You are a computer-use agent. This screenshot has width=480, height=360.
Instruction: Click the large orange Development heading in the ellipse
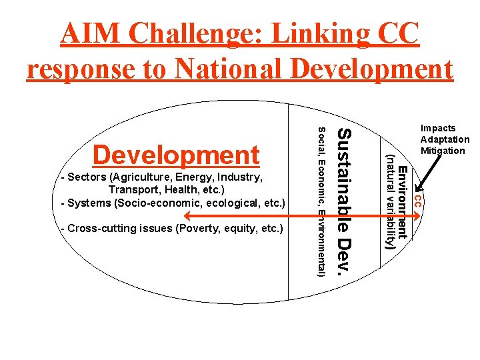point(176,155)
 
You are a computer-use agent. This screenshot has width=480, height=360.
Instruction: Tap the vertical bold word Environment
point(403,203)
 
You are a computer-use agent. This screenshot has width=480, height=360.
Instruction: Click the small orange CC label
point(416,199)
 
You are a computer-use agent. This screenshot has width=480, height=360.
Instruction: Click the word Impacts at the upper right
point(438,128)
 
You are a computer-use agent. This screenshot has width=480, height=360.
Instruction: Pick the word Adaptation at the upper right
point(445,139)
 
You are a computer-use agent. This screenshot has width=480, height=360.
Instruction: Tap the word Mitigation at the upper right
point(443,151)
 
